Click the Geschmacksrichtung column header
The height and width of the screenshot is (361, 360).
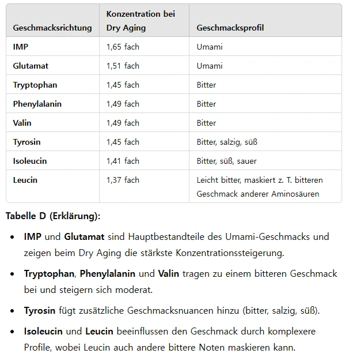point(52,28)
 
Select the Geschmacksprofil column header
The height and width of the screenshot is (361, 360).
point(230,28)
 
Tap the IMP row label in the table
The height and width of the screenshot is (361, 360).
point(21,47)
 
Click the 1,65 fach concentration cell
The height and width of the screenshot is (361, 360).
point(123,47)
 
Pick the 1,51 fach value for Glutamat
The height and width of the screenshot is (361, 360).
point(123,66)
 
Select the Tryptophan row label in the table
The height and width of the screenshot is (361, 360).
point(35,85)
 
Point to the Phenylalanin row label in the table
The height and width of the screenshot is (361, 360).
point(37,104)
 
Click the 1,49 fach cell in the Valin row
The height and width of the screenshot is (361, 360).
point(123,123)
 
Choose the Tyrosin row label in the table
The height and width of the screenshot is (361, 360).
point(27,142)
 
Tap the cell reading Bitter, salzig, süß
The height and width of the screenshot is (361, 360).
point(227,142)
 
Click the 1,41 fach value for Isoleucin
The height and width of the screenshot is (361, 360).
point(123,161)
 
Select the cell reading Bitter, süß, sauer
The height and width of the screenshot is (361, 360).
point(226,161)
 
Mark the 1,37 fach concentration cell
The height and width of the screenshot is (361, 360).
point(123,180)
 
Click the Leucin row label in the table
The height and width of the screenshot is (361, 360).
point(25,180)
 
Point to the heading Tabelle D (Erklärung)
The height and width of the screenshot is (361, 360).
point(53,216)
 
